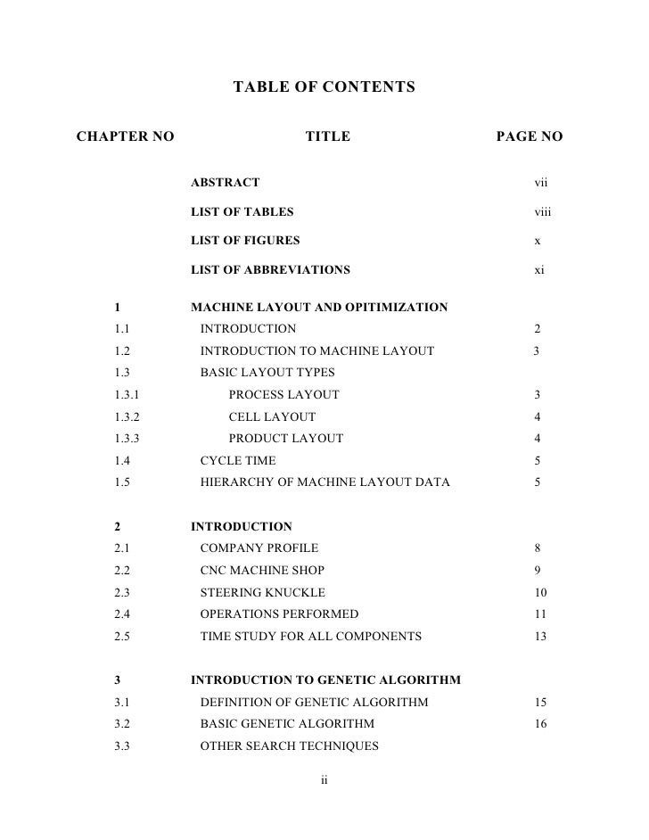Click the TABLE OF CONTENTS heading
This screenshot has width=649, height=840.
[324, 87]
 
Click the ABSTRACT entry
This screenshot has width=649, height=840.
[226, 183]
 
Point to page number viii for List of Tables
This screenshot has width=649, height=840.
[543, 212]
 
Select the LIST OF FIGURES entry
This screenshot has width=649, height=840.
[246, 241]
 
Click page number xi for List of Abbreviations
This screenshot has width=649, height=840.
[539, 269]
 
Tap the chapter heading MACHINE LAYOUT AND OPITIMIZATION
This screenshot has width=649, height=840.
[319, 309]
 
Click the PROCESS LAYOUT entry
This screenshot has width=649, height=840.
[283, 395]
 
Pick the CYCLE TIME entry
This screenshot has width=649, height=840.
[238, 460]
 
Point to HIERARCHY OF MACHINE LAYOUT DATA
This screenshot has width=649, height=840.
[324, 482]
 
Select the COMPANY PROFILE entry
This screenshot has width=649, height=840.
[259, 548]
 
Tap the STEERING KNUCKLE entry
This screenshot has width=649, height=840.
[262, 592]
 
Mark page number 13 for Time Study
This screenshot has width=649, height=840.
[540, 636]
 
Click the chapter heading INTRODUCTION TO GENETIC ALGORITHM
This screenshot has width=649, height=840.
[325, 680]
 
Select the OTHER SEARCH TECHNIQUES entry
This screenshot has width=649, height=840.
[289, 745]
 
